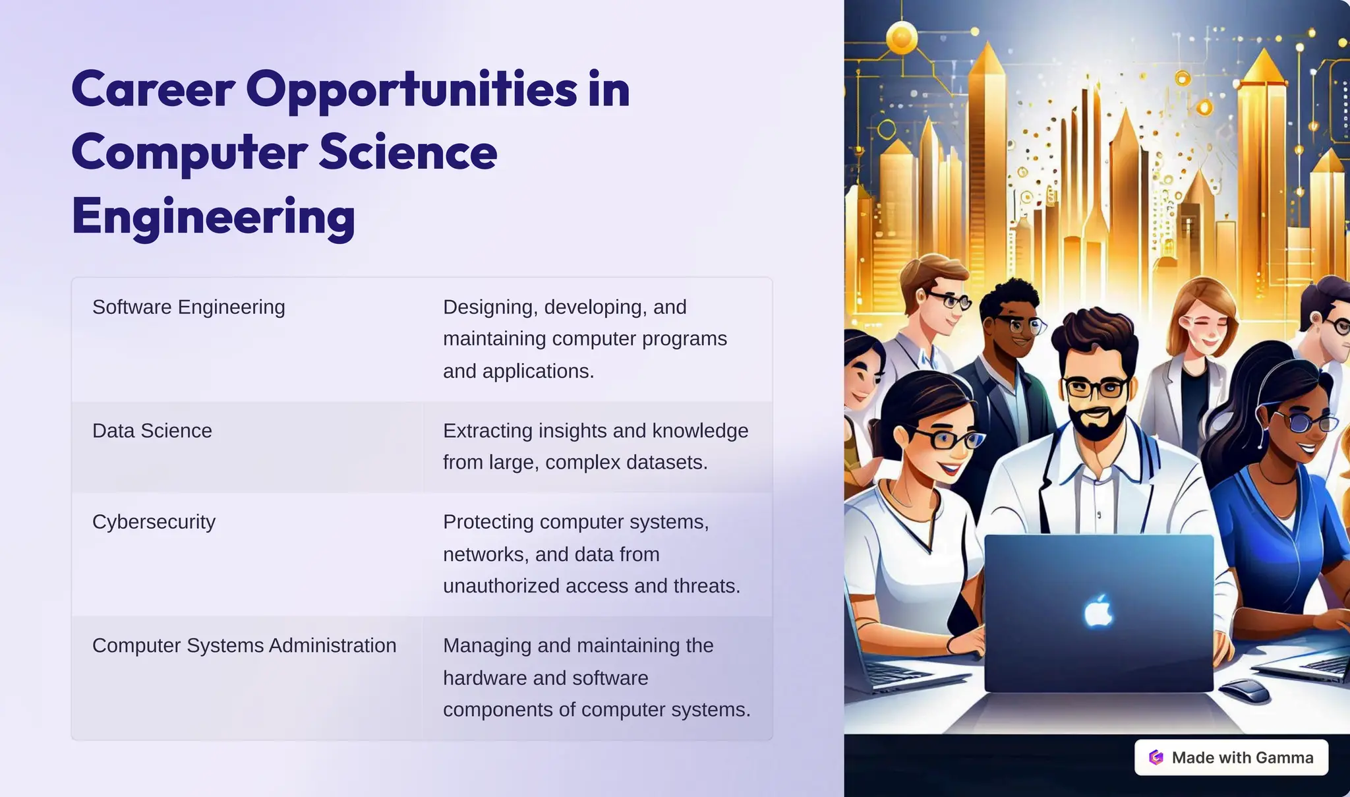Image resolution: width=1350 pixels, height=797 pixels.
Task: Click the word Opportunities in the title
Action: click(411, 90)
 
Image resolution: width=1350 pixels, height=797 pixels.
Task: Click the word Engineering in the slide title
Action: click(213, 217)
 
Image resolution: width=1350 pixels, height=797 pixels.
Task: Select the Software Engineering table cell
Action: click(189, 307)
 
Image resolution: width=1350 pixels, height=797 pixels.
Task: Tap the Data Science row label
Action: click(152, 431)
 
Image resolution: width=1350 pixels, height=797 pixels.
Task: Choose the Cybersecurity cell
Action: click(154, 522)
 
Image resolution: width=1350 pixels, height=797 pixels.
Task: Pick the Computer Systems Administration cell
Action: click(244, 646)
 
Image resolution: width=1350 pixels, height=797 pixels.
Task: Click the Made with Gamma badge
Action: click(1231, 757)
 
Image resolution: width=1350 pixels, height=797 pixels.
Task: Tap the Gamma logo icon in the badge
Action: click(1156, 757)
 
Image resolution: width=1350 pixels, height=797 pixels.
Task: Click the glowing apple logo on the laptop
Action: click(1098, 611)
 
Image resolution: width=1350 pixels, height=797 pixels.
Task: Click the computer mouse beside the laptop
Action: click(1245, 691)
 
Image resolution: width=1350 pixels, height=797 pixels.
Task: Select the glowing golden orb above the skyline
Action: click(901, 38)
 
